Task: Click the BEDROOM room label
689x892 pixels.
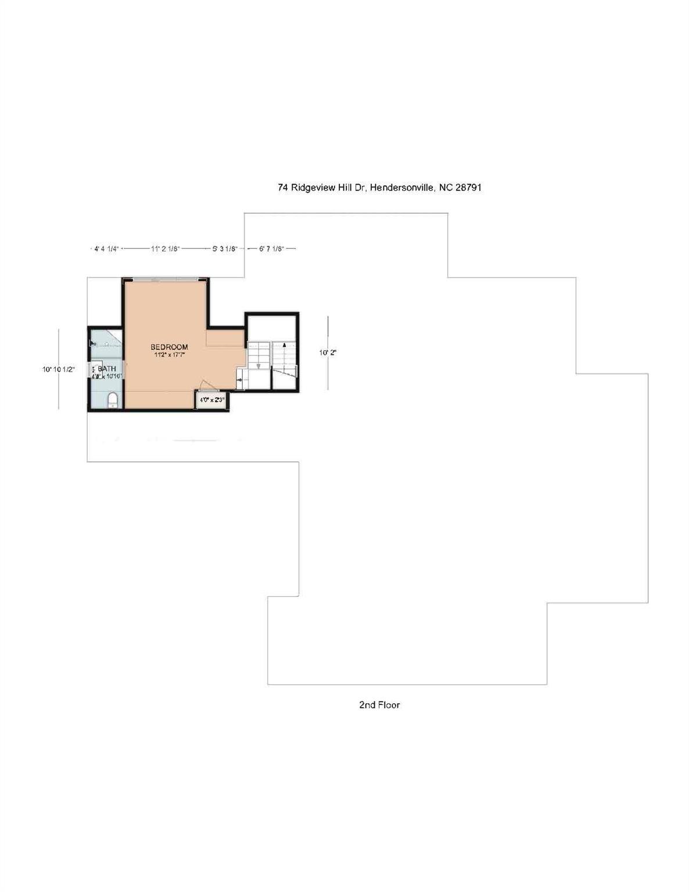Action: [169, 347]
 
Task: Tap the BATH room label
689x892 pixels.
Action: [107, 368]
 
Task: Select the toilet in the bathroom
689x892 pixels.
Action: [113, 400]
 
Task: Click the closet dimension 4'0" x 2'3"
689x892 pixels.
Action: [212, 400]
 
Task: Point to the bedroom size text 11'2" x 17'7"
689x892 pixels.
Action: [169, 354]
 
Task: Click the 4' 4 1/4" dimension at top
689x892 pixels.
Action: [106, 249]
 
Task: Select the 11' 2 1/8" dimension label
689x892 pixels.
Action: [166, 249]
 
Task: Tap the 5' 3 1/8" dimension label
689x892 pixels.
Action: [224, 249]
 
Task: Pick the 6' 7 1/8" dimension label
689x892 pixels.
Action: [271, 249]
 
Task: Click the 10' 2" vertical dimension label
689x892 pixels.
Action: [328, 352]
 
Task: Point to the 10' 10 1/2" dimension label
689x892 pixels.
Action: [59, 369]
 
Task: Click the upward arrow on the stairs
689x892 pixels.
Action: [284, 345]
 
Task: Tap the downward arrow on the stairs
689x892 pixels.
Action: [259, 365]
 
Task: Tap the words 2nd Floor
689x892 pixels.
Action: [379, 704]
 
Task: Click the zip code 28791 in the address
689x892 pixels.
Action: [468, 188]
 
